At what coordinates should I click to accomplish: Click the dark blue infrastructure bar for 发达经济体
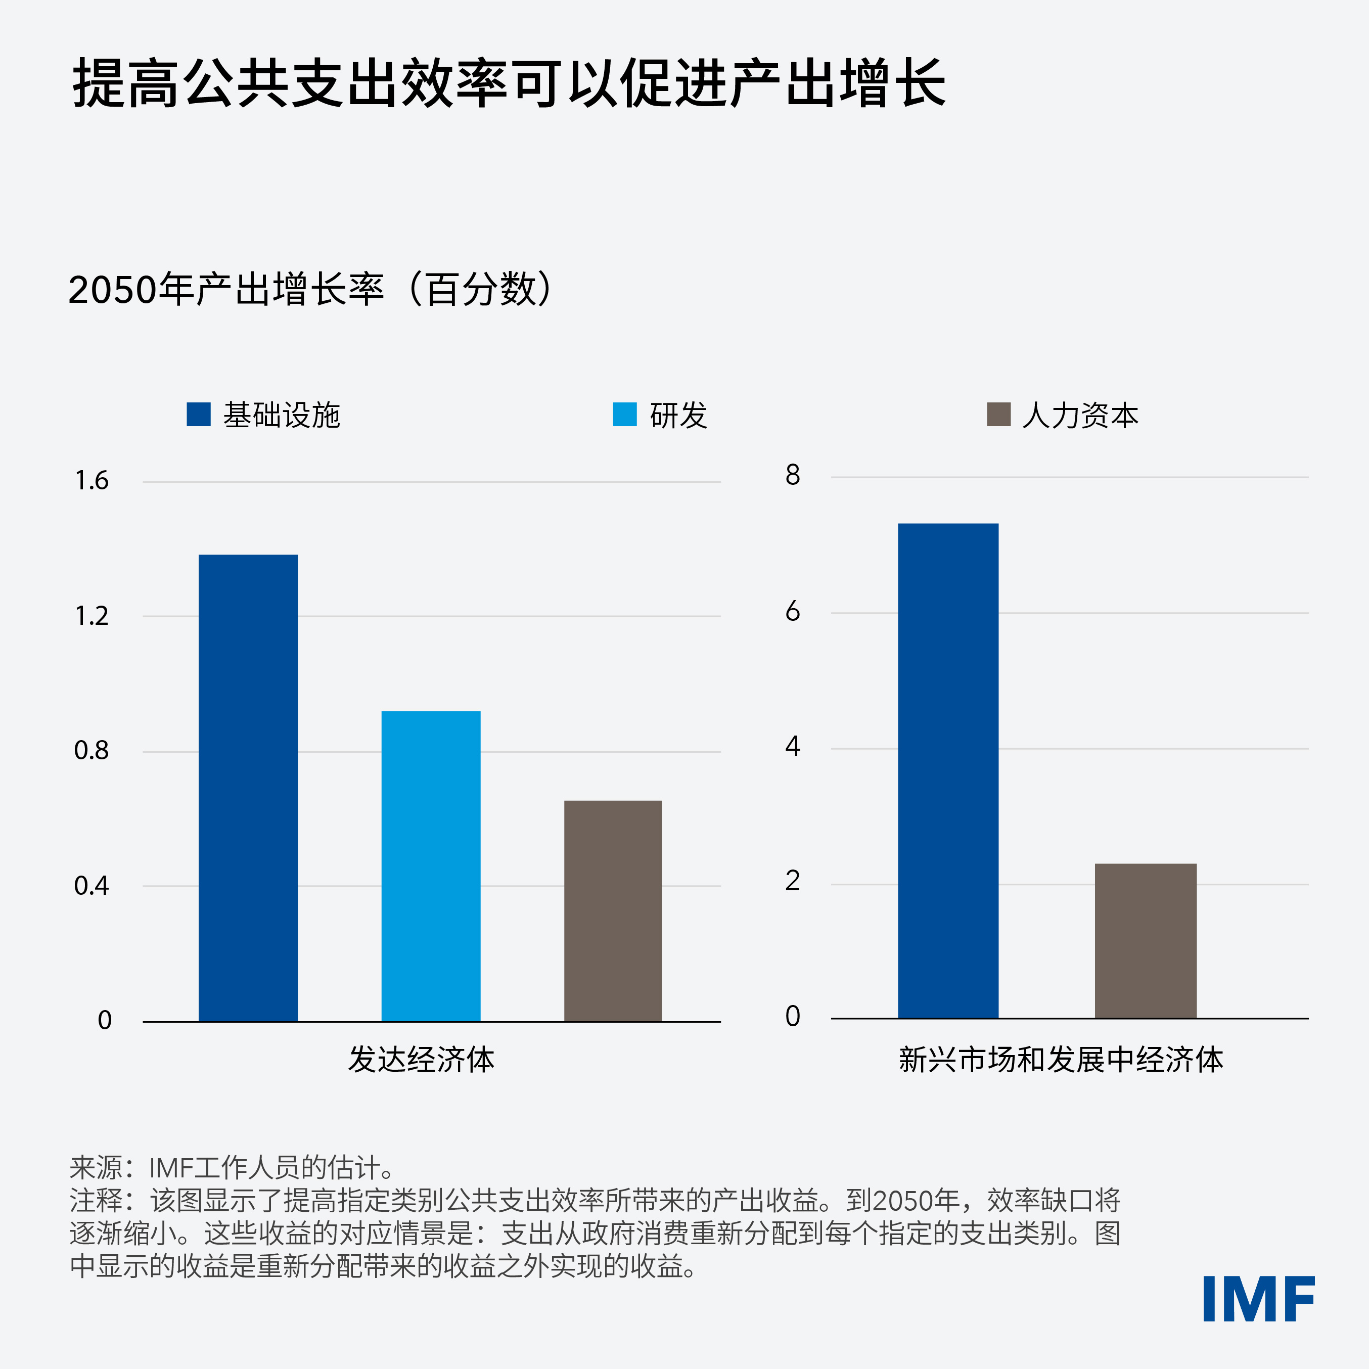pyautogui.click(x=248, y=787)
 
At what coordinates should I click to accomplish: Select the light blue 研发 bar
pyautogui.click(x=431, y=865)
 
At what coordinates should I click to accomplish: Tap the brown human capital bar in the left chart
pyautogui.click(x=613, y=910)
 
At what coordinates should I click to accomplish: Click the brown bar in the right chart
pyautogui.click(x=1146, y=940)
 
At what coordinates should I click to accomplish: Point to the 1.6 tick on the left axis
pyautogui.click(x=92, y=481)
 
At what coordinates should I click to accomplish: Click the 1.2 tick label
pyautogui.click(x=92, y=616)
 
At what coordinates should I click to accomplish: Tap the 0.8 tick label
pyautogui.click(x=92, y=750)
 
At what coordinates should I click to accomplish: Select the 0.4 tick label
pyautogui.click(x=92, y=886)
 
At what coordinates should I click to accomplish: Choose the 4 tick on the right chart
pyautogui.click(x=792, y=746)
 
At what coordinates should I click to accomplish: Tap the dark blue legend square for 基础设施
pyautogui.click(x=198, y=415)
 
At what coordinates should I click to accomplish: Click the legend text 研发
pyautogui.click(x=678, y=415)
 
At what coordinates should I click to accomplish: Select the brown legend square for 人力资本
pyautogui.click(x=998, y=415)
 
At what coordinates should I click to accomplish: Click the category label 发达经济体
pyautogui.click(x=421, y=1060)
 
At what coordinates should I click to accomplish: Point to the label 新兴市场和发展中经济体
pyautogui.click(x=1061, y=1060)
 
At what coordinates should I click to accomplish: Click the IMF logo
pyautogui.click(x=1258, y=1299)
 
